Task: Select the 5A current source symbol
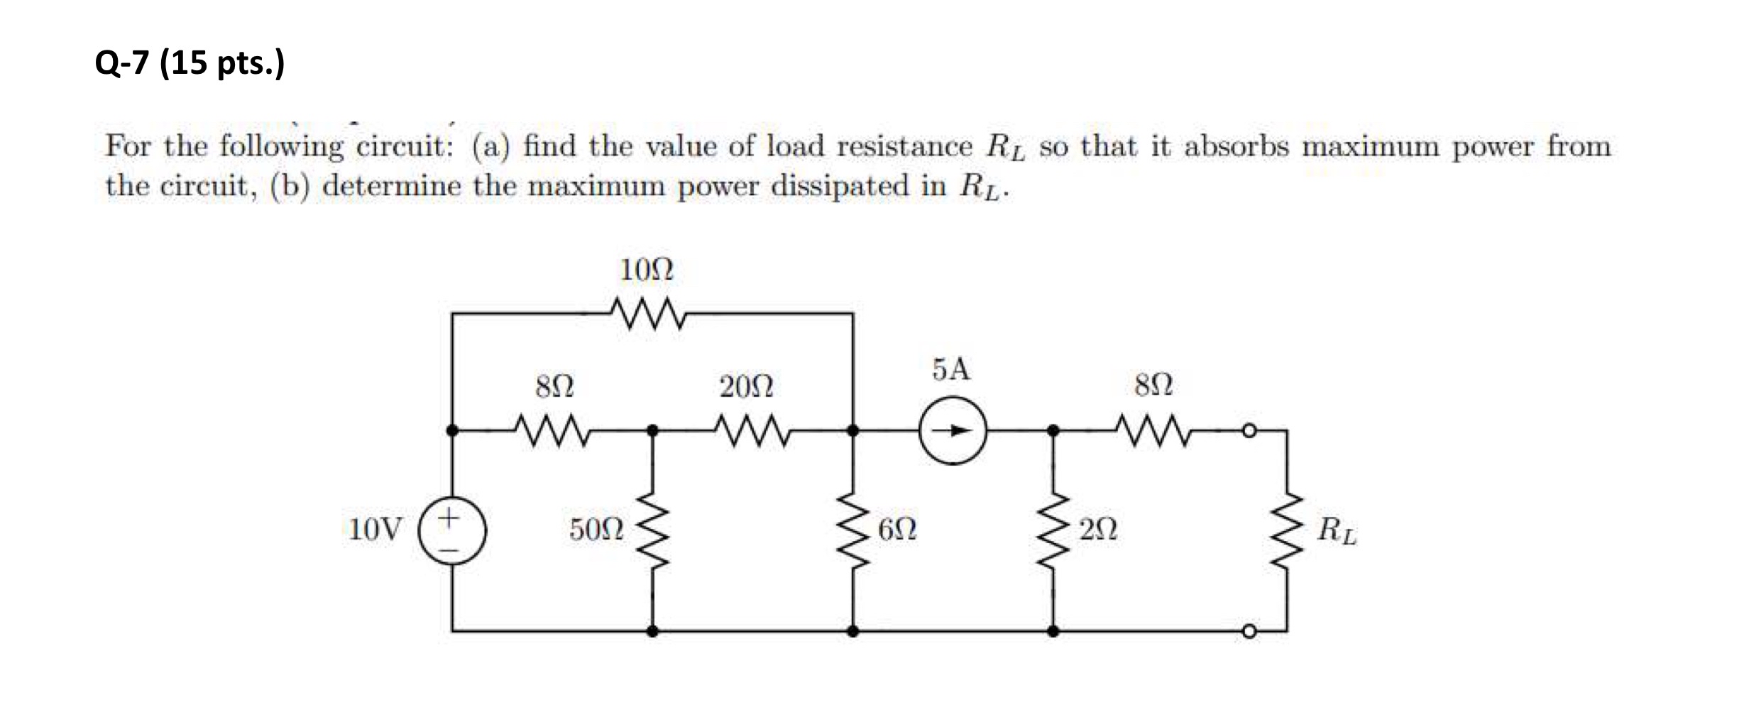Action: point(953,430)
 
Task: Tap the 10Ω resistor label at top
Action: point(646,270)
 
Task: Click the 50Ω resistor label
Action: point(596,530)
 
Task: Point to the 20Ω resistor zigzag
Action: point(752,431)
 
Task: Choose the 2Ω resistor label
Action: point(1098,530)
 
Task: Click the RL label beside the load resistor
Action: point(1337,531)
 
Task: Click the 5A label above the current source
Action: point(951,369)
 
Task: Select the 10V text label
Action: point(375,530)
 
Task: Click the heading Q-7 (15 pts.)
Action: point(190,62)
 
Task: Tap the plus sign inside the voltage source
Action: point(448,517)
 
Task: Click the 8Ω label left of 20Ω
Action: point(554,387)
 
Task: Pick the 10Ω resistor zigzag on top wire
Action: point(647,313)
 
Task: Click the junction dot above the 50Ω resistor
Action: point(652,430)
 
